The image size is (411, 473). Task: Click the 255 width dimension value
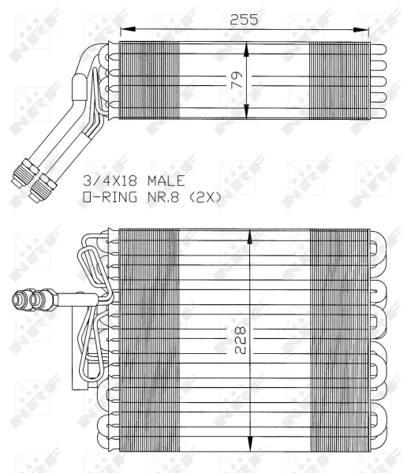(x=244, y=20)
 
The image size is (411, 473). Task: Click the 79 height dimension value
(x=236, y=80)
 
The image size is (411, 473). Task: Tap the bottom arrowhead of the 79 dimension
(x=248, y=116)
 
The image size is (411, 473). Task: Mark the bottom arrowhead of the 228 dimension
(x=249, y=445)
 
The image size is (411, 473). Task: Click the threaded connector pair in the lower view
(x=30, y=300)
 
